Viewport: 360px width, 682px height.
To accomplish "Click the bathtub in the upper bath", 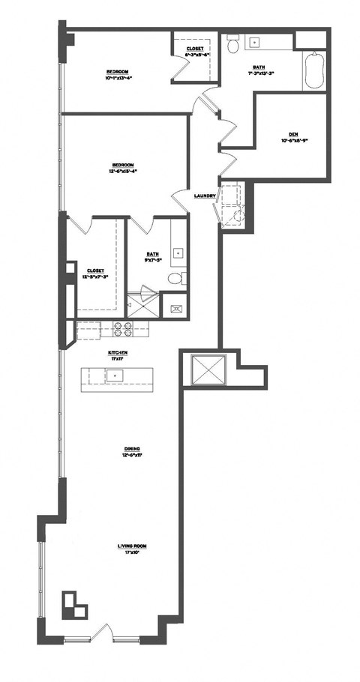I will tap(314, 71).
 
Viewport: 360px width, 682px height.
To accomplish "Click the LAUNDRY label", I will tap(205, 196).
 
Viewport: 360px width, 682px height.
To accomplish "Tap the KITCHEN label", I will tap(118, 352).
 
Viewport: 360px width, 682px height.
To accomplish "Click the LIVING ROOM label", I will tap(130, 546).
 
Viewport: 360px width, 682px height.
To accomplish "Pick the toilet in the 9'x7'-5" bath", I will tap(176, 279).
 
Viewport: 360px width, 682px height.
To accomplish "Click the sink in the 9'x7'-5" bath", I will tap(178, 253).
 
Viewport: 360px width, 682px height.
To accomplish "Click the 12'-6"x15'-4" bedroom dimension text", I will tap(123, 171).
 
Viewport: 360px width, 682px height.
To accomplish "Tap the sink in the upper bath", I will tap(254, 42).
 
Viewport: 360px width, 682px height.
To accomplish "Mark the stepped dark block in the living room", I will tap(73, 603).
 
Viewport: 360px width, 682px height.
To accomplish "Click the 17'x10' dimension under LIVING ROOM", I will tap(130, 553).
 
